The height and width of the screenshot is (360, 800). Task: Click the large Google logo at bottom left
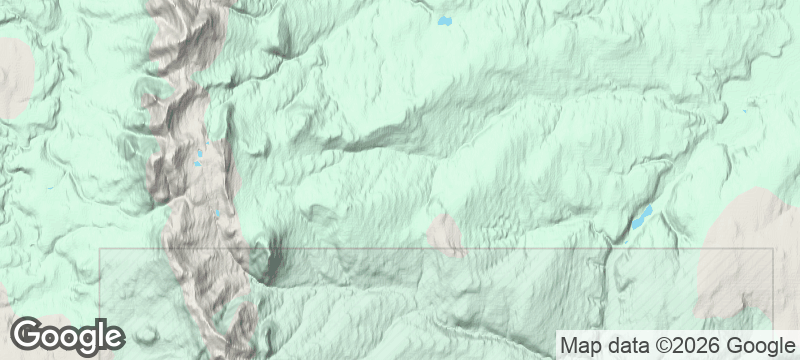point(67,336)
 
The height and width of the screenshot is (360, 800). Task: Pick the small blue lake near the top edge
point(443,20)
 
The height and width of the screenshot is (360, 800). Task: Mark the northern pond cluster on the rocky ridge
point(199,158)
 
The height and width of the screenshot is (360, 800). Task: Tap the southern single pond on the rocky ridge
point(219,212)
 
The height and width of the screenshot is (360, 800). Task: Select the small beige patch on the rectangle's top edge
point(446,234)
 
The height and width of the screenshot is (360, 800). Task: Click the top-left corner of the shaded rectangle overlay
point(101,249)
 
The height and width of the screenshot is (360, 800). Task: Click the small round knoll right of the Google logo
point(149,333)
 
